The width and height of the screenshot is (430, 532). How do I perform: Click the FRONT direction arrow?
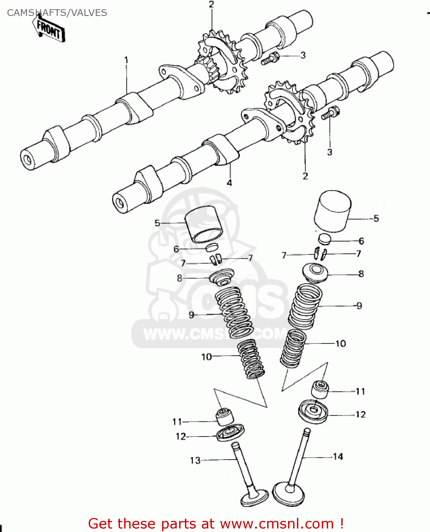click(49, 30)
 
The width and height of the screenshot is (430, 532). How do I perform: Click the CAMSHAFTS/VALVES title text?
click(57, 13)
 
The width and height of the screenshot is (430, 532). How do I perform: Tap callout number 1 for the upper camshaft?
click(126, 60)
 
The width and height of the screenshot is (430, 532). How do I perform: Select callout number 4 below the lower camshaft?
click(229, 183)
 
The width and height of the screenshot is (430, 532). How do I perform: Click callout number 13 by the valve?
click(195, 460)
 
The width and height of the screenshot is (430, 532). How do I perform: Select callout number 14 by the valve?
click(338, 456)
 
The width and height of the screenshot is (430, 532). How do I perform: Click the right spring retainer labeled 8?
click(315, 273)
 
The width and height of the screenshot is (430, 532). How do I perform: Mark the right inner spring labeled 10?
click(293, 349)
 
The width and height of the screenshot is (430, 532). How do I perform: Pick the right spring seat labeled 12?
click(313, 411)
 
